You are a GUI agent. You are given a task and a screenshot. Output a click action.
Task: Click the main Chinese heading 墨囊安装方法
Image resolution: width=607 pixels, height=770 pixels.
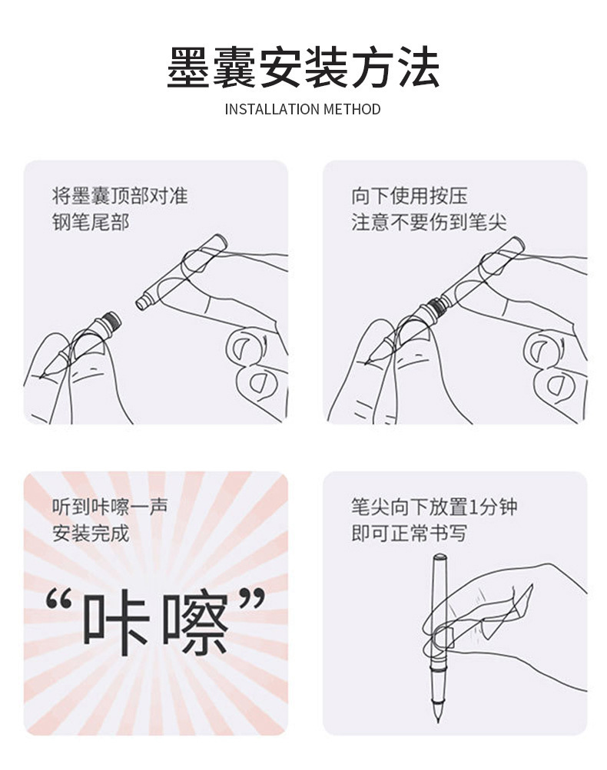coord(303,68)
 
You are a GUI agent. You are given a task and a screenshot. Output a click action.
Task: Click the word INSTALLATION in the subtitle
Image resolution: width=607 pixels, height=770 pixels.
coord(271,109)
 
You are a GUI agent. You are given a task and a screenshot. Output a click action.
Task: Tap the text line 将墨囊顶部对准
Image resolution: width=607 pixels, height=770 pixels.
coord(120,196)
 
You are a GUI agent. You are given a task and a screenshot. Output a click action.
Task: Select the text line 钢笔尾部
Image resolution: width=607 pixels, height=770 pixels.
coord(91,221)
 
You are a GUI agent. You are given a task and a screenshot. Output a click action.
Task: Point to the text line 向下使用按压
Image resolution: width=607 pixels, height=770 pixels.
coord(409,196)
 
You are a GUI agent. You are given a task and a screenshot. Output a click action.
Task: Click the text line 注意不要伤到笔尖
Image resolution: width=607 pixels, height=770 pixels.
coord(429,221)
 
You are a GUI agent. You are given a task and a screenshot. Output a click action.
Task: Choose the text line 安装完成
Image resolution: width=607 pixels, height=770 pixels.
coord(91,534)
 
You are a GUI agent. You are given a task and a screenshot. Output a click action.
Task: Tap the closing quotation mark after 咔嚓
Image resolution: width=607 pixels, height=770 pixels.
coord(252,600)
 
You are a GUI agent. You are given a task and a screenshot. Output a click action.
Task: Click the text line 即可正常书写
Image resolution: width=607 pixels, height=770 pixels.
coord(409,534)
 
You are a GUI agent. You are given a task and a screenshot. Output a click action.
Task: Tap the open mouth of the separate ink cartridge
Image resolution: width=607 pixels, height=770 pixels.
coord(141,302)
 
